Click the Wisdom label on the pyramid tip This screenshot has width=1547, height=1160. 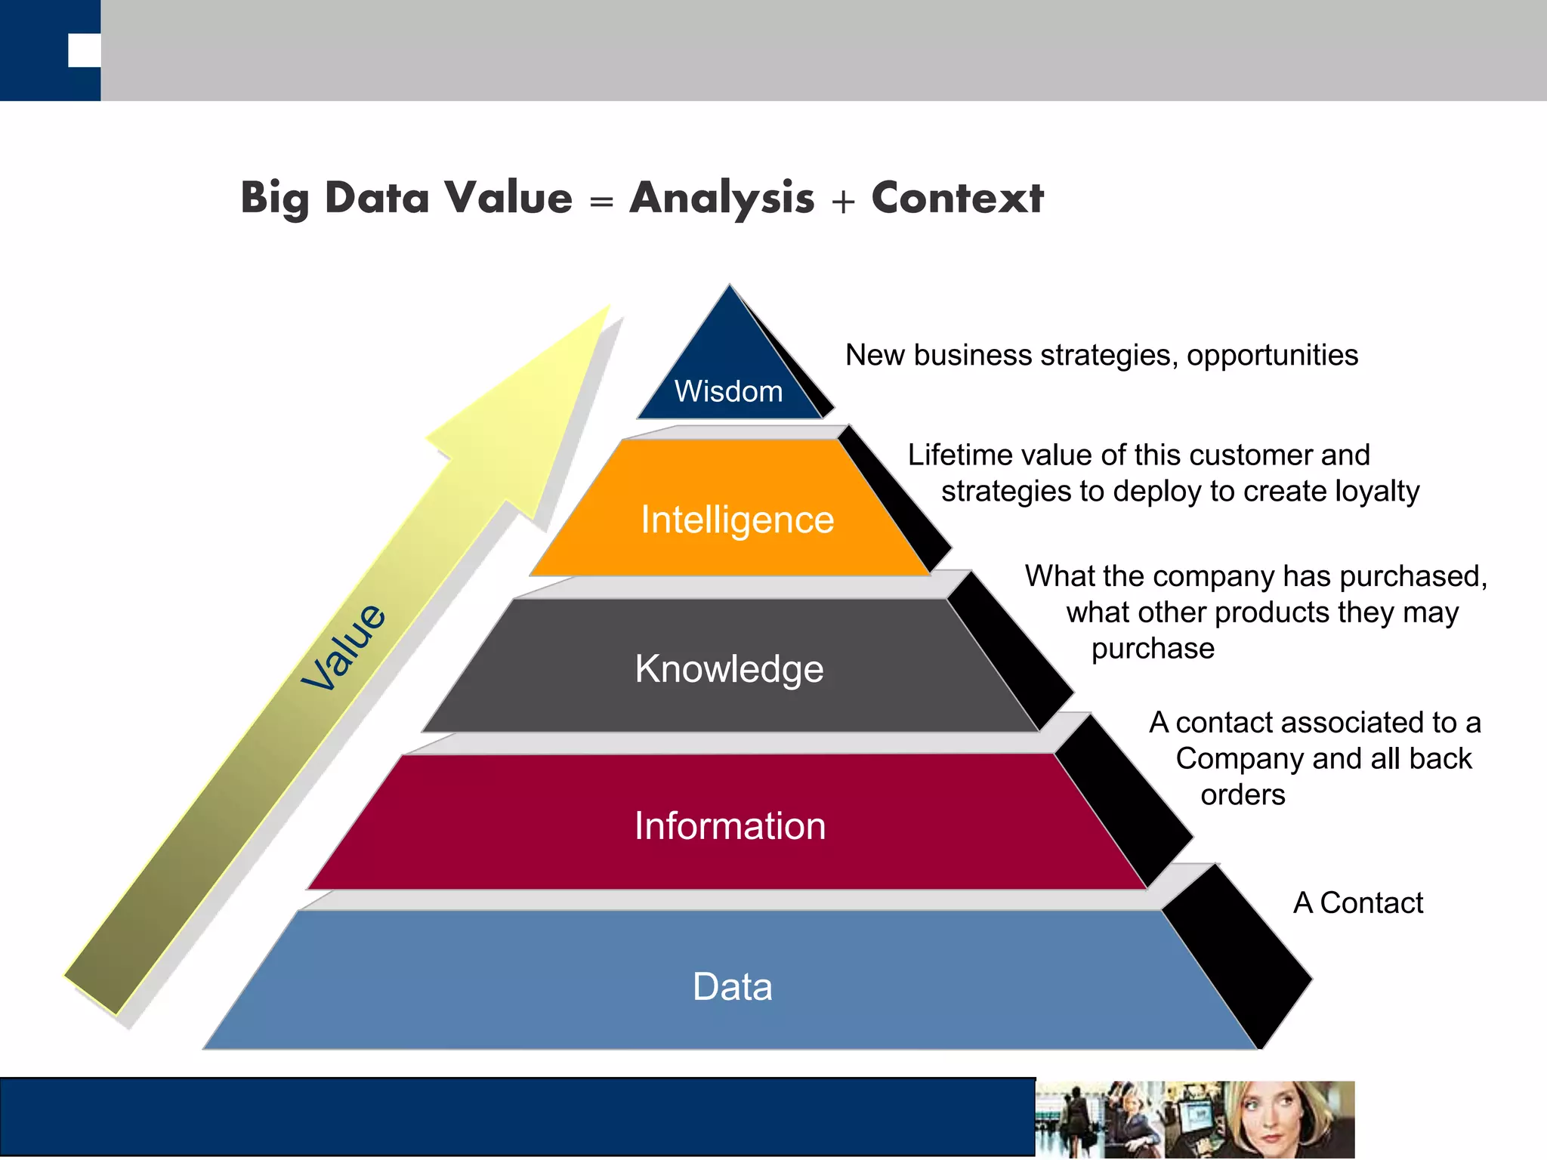(728, 391)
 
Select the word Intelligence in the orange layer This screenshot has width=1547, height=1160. (737, 520)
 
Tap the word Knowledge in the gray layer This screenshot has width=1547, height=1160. (729, 668)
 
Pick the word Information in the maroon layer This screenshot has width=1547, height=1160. (730, 825)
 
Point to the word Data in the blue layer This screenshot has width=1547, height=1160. (732, 986)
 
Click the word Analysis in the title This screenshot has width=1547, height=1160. (722, 198)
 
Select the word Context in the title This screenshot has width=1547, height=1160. (957, 198)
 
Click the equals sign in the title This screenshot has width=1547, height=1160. (601, 201)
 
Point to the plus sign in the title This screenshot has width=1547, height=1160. (843, 201)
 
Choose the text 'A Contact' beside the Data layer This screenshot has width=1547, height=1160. (1357, 902)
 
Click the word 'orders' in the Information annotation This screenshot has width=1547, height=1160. (1243, 794)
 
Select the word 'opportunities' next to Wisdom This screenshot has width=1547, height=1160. (1272, 355)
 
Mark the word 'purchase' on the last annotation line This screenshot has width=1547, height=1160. (1153, 648)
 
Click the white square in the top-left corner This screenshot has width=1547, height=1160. (84, 51)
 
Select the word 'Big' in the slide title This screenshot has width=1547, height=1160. (275, 198)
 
